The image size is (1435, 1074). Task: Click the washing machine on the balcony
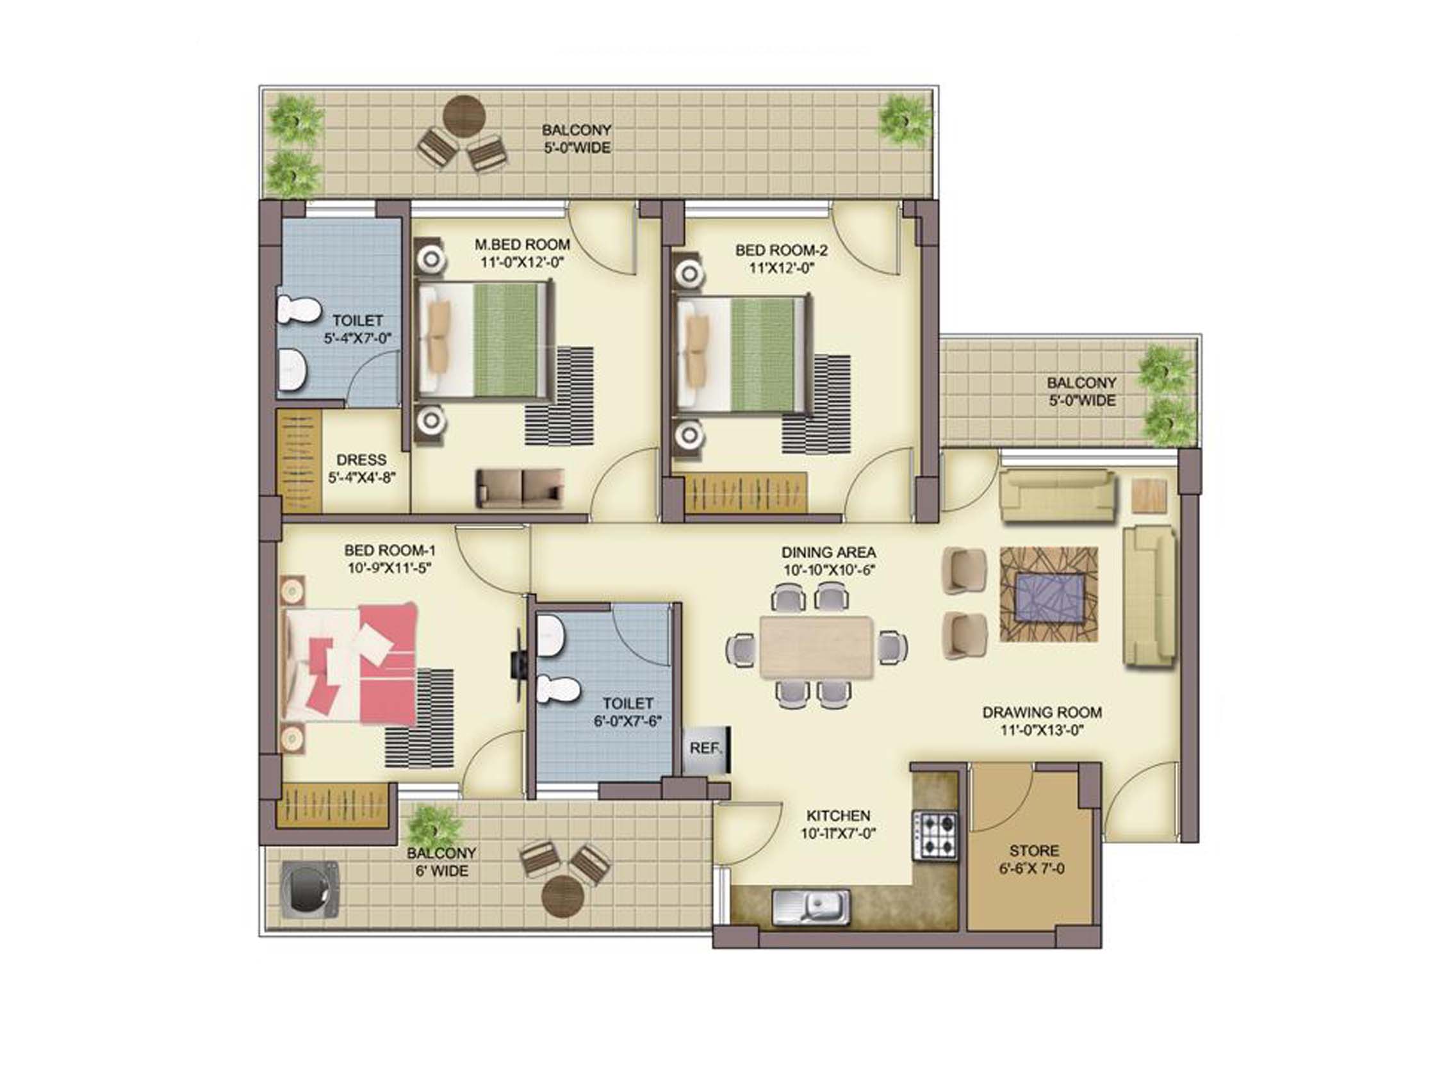coord(310,889)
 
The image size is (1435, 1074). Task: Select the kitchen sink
coord(811,906)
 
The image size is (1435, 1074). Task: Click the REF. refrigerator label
coord(705,748)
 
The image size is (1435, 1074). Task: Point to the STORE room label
coord(1034,850)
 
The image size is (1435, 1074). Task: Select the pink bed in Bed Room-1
coord(350,663)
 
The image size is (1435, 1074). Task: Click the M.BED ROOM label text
coord(522,245)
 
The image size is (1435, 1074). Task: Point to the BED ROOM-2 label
coord(781,250)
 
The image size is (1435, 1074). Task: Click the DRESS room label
coord(361,459)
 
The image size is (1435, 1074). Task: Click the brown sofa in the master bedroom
coord(520,488)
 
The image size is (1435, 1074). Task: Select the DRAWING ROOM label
coord(1042,712)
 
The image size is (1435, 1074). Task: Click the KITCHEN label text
coord(838,815)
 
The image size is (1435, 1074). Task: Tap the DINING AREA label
coord(828,552)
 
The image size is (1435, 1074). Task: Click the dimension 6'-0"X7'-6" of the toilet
coord(627,721)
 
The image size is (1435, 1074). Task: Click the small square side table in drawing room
coord(1149,497)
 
